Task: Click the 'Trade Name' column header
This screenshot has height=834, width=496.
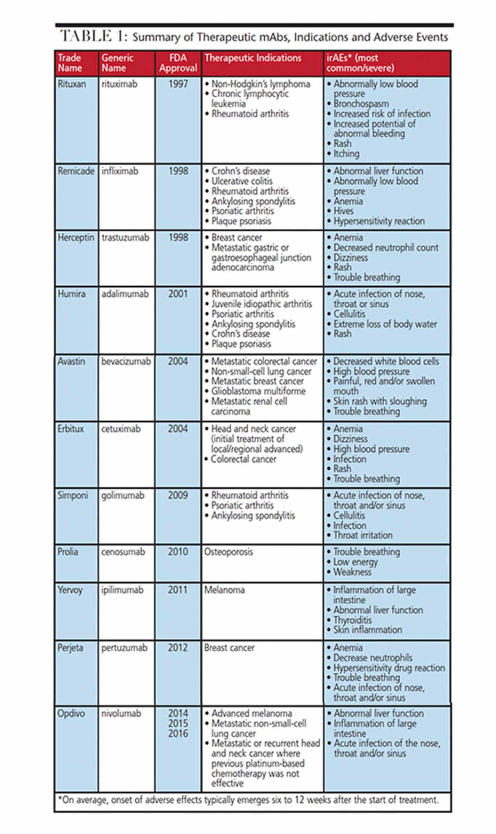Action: (x=70, y=63)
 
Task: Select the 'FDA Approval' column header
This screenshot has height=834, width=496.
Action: (x=178, y=63)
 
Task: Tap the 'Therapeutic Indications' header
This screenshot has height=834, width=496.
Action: (x=252, y=58)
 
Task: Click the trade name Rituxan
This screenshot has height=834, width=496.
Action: (x=72, y=84)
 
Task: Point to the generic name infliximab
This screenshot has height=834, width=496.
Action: (x=120, y=171)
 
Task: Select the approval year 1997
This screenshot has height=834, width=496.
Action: (x=178, y=84)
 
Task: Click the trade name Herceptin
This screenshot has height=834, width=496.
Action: (x=76, y=237)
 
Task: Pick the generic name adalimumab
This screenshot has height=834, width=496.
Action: (x=125, y=294)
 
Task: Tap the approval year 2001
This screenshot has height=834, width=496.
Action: (x=178, y=294)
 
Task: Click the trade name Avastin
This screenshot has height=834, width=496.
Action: (x=71, y=361)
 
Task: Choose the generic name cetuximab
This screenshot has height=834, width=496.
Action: (x=121, y=429)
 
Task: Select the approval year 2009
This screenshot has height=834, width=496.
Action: (x=178, y=496)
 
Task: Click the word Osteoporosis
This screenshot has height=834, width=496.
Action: (x=228, y=552)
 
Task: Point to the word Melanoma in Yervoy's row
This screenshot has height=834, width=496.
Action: (x=224, y=590)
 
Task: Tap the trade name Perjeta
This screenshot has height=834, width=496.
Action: (x=70, y=647)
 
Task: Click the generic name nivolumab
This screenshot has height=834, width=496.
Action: (x=121, y=713)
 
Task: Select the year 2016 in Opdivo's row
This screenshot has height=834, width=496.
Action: (x=178, y=733)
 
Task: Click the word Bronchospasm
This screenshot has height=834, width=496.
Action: (x=361, y=104)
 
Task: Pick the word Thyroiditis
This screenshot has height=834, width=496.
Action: (x=352, y=620)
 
